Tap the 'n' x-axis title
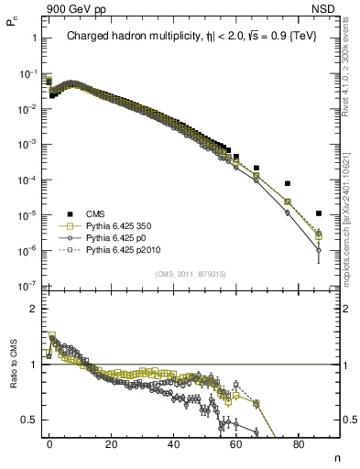pos(335,457)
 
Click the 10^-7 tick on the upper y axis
pos(27,286)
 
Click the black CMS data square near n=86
pos(318,213)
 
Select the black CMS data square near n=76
pos(287,183)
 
